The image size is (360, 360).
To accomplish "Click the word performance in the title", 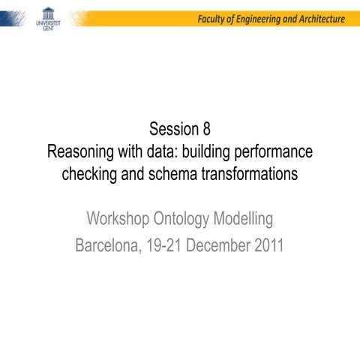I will click(x=275, y=151).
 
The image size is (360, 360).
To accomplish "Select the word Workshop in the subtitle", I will click(x=118, y=219).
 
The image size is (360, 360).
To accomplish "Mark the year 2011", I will click(x=268, y=245).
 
